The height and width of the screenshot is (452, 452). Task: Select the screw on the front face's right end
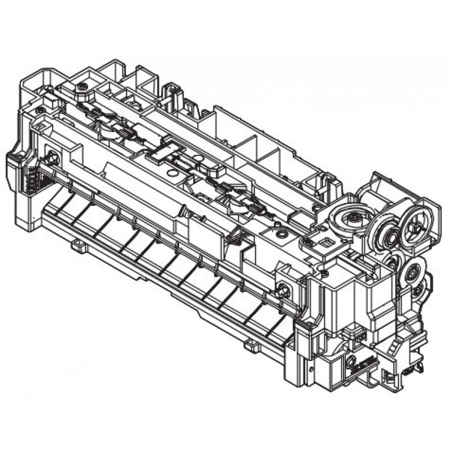tap(284, 292)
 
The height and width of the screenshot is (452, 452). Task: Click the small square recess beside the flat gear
tap(327, 242)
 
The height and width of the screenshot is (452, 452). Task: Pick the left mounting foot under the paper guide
tap(78, 245)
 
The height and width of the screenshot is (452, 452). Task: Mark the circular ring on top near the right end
tap(279, 231)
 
